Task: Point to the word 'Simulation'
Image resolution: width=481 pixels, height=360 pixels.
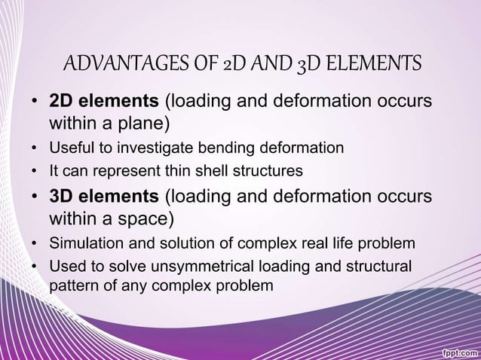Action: point(84,244)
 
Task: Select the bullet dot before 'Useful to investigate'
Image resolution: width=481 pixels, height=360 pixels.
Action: point(35,148)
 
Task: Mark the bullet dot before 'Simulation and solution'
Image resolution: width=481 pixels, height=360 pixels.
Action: point(35,244)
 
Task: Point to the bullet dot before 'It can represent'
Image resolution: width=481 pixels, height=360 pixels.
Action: point(35,172)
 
